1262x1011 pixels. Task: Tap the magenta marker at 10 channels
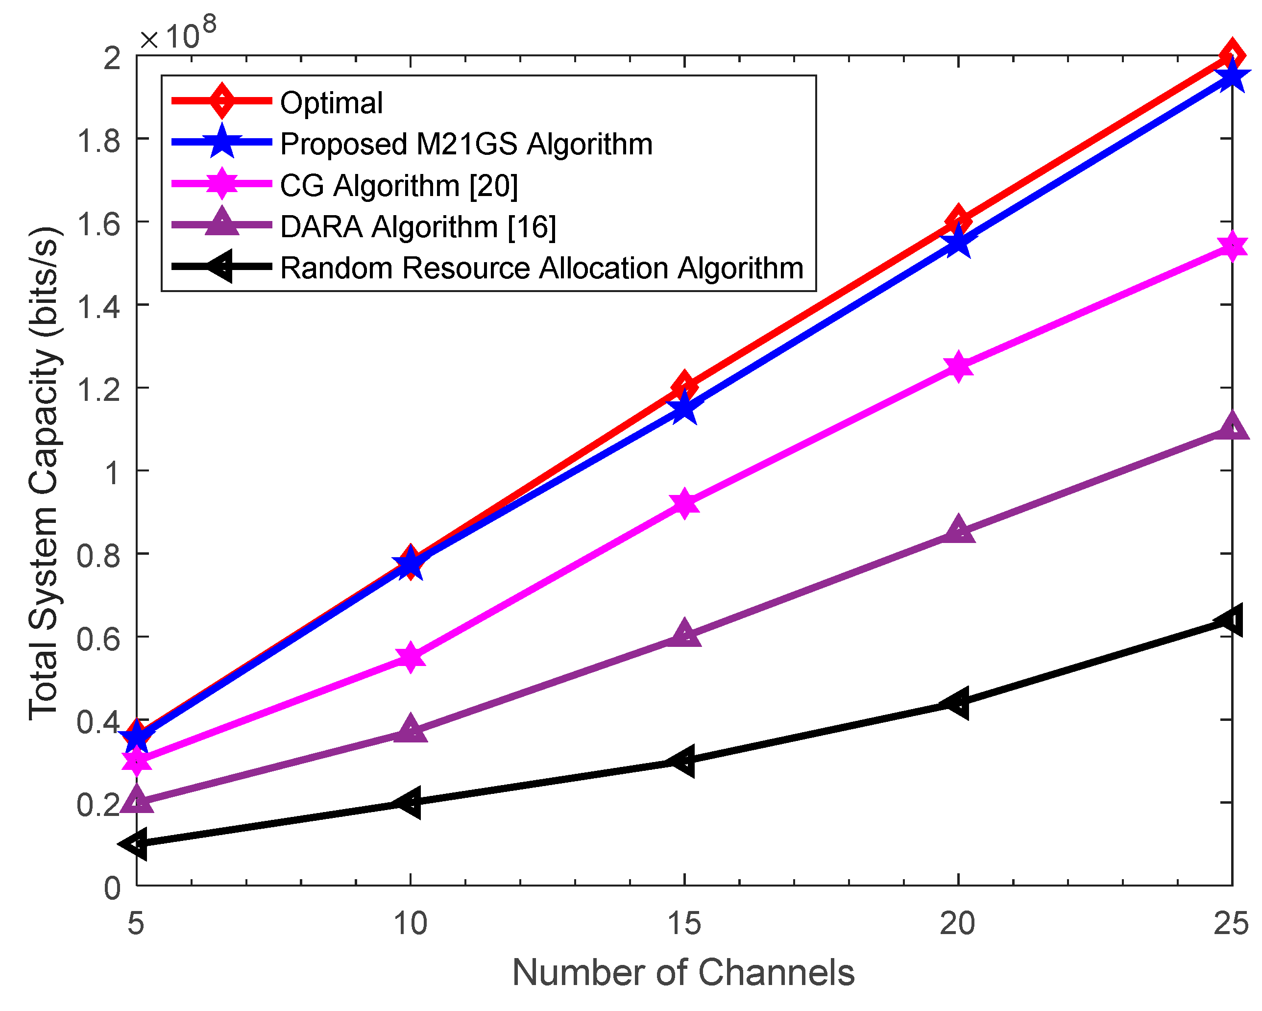(411, 657)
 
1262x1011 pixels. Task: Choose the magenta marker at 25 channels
(1232, 247)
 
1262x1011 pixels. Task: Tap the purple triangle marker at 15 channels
(684, 634)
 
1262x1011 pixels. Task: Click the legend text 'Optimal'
(331, 103)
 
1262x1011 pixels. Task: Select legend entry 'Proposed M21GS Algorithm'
(466, 144)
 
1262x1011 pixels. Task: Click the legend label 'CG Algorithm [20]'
(399, 186)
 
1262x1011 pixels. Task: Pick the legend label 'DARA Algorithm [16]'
(418, 226)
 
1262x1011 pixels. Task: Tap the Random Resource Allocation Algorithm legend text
(541, 268)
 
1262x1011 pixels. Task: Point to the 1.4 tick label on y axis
(98, 306)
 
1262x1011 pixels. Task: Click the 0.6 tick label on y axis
(98, 638)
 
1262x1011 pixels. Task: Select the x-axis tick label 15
(684, 923)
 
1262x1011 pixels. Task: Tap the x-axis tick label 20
(958, 923)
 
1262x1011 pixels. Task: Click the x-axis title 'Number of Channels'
(683, 972)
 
